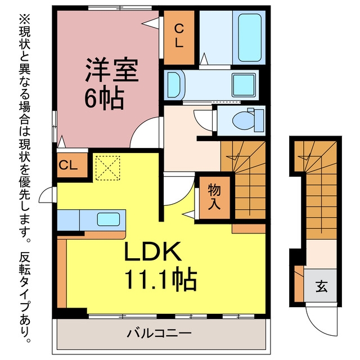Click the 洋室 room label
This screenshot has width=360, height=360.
(112, 70)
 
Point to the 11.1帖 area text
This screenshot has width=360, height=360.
(161, 278)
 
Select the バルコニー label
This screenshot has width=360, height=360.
(159, 334)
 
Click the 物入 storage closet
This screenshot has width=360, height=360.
(215, 197)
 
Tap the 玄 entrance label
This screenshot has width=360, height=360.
(321, 286)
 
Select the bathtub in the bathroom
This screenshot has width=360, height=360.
(249, 38)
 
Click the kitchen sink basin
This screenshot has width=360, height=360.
(109, 219)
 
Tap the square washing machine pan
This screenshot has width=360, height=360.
(244, 85)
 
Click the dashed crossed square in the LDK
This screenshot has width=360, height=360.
(107, 168)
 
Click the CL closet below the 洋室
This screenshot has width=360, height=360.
(72, 165)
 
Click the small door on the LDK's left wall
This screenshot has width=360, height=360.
(47, 195)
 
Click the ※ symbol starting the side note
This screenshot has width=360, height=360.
(24, 19)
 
